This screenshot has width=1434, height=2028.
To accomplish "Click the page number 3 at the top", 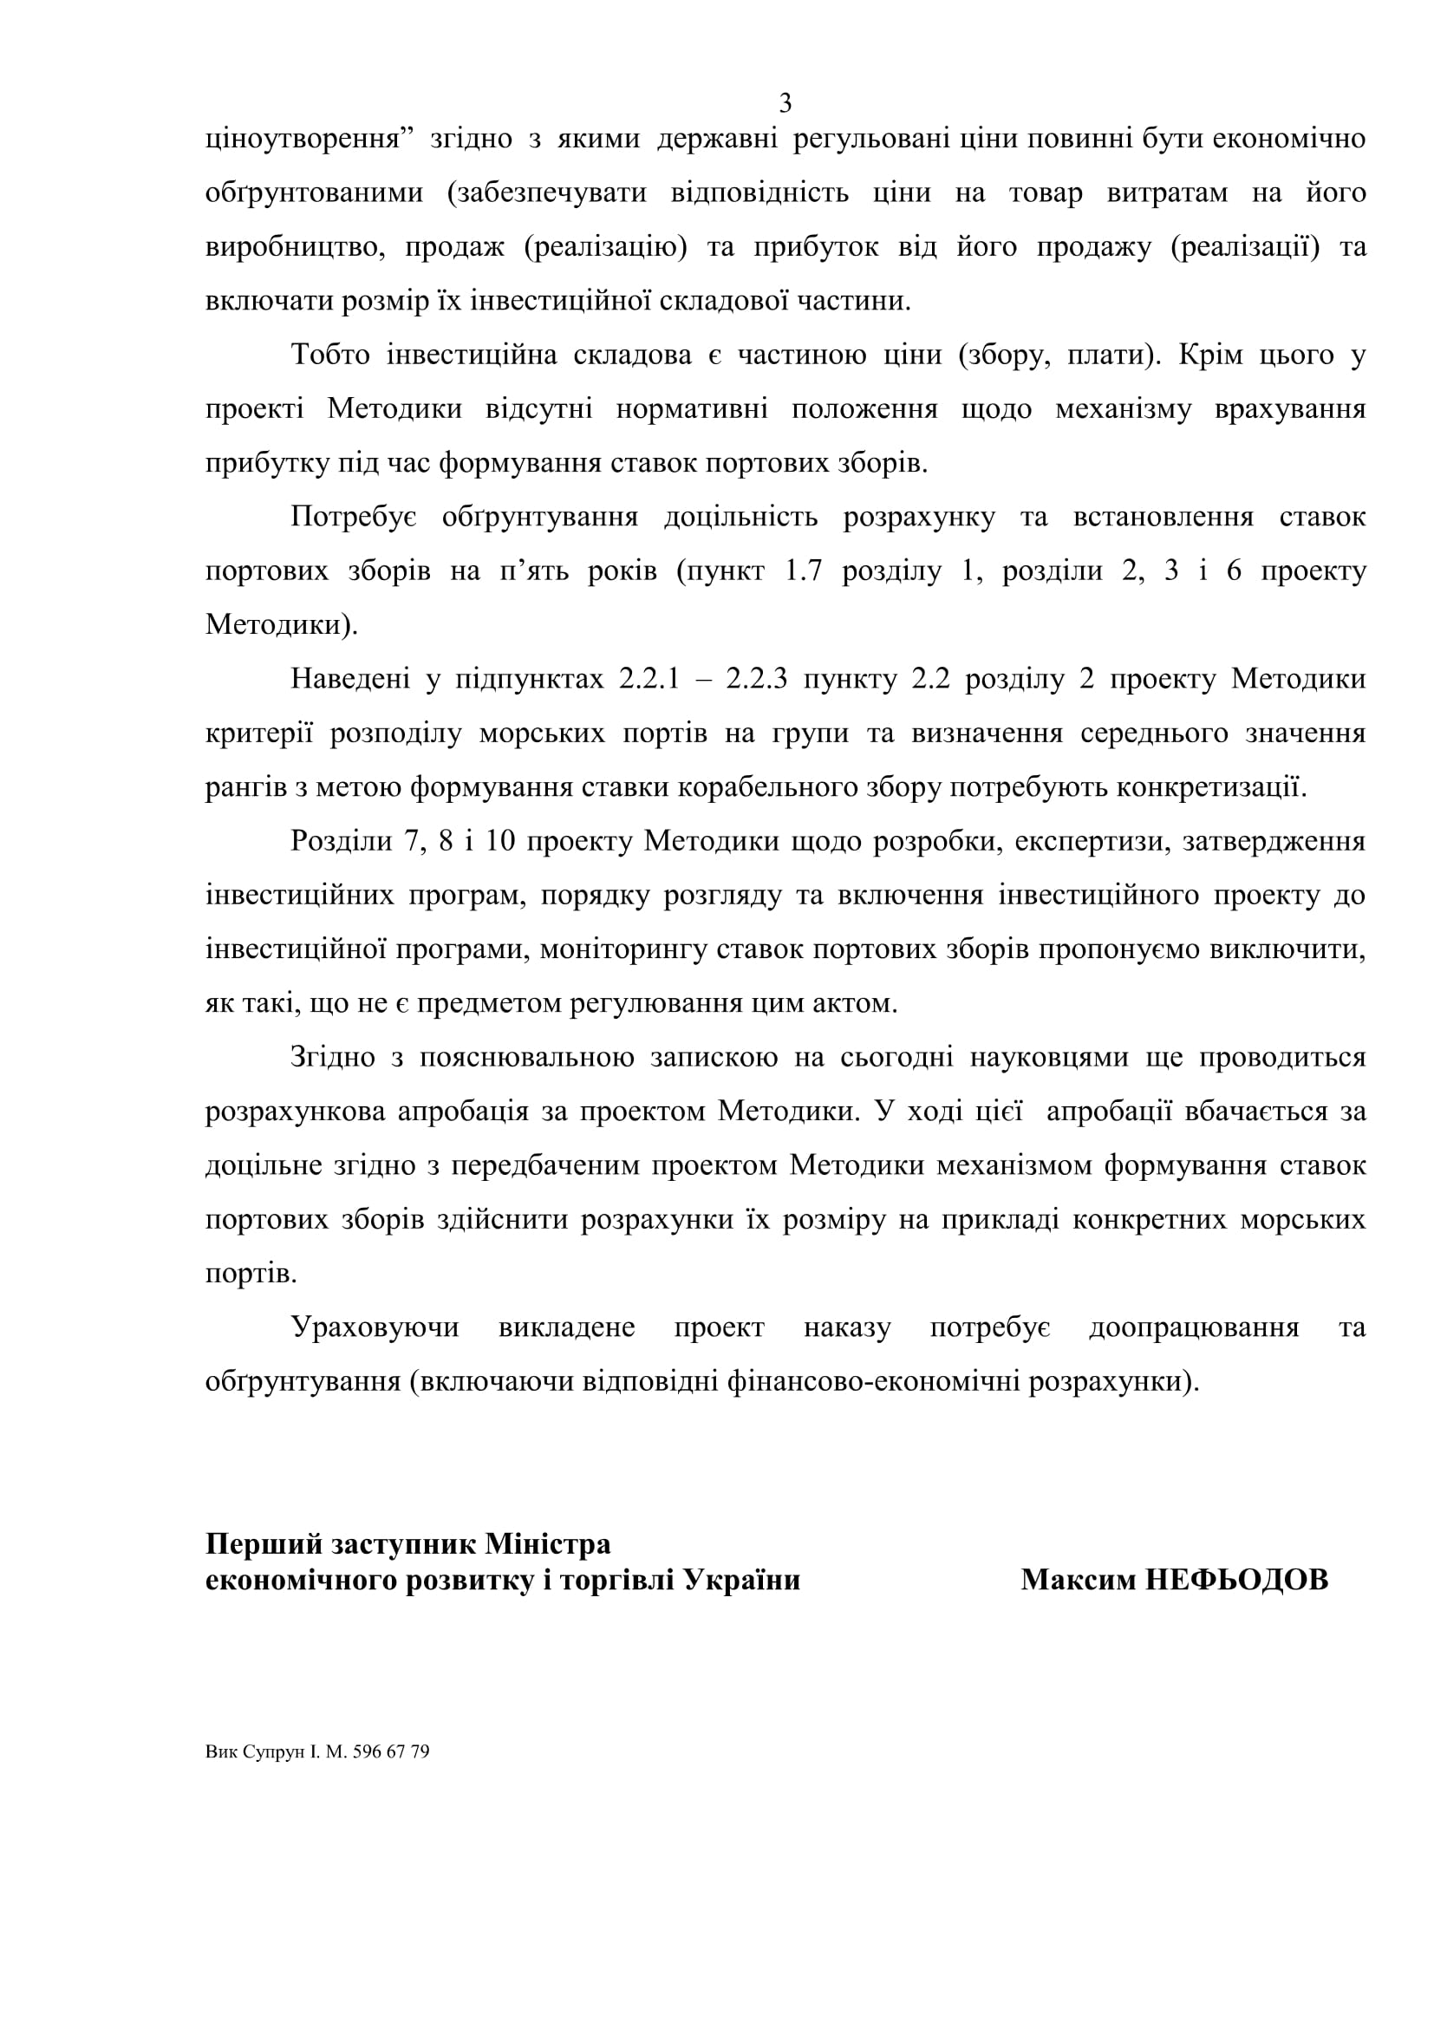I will point(785,104).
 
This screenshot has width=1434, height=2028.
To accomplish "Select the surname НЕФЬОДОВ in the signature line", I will point(1236,1581).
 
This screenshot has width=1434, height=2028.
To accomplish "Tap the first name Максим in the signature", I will point(1079,1581).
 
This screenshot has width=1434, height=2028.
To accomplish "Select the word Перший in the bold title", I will point(264,1544).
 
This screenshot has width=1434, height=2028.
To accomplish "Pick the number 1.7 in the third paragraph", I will point(803,571).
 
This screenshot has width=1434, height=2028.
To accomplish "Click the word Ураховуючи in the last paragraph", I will point(375,1327).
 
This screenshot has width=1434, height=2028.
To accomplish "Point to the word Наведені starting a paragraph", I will point(349,679).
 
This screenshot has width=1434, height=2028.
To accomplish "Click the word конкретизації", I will point(1210,787).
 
